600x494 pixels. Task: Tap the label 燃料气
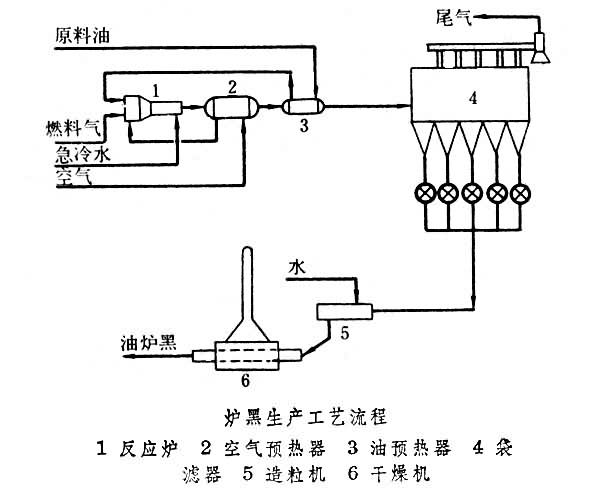pos(72,127)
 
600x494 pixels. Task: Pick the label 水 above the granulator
pos(297,267)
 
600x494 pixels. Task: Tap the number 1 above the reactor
pos(157,89)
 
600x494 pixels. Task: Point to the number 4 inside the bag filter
pos(474,97)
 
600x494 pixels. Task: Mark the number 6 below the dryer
pos(243,379)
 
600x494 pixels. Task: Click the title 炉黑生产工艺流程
pos(299,413)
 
